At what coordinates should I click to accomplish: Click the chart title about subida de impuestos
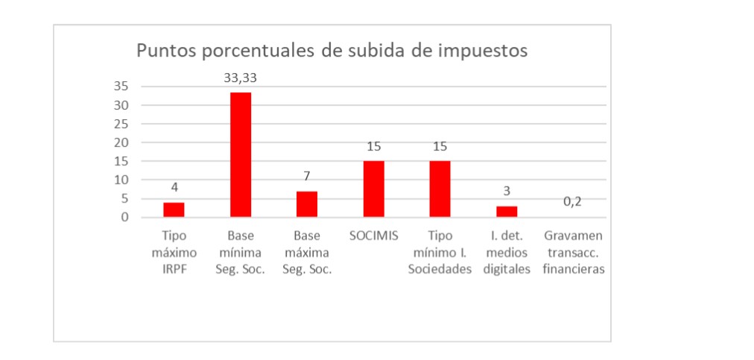pyautogui.click(x=332, y=51)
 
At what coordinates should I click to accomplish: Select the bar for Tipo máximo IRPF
pyautogui.click(x=174, y=209)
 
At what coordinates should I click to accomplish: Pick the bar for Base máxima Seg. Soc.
pyautogui.click(x=306, y=204)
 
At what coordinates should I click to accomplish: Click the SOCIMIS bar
pyautogui.click(x=373, y=189)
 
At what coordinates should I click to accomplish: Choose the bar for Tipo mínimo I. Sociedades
pyautogui.click(x=440, y=189)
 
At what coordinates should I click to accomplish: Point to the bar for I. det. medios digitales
pyautogui.click(x=507, y=212)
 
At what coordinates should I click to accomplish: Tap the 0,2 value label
pyautogui.click(x=572, y=202)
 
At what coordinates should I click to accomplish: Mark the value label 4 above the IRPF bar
pyautogui.click(x=174, y=187)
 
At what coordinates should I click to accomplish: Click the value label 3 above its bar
pyautogui.click(x=507, y=191)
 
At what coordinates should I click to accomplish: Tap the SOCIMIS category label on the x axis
pyautogui.click(x=373, y=236)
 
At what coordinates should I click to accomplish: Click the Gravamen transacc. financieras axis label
pyautogui.click(x=573, y=253)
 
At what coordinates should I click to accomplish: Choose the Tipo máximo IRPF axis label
pyautogui.click(x=174, y=253)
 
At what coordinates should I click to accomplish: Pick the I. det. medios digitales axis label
pyautogui.click(x=507, y=253)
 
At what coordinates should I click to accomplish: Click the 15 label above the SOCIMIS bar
pyautogui.click(x=373, y=146)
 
